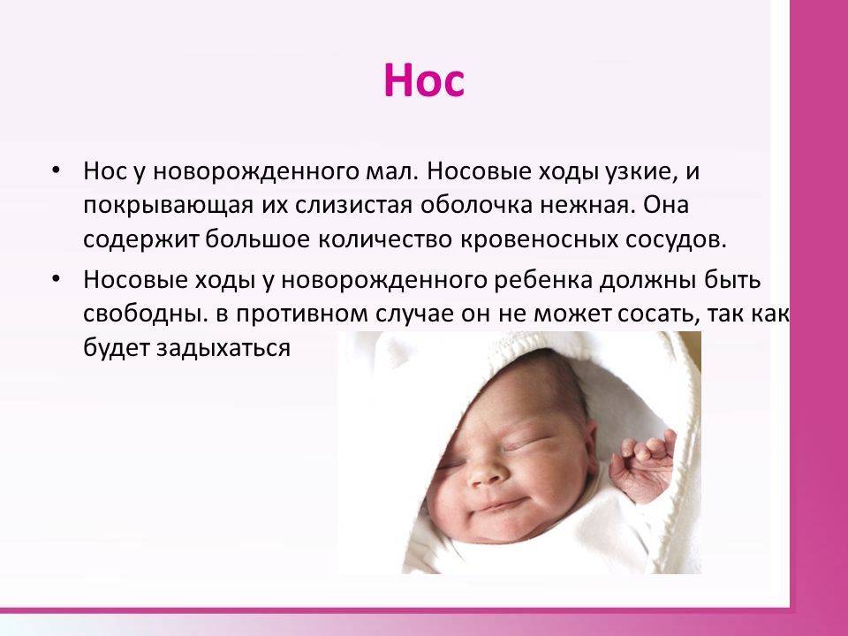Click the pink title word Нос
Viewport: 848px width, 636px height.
click(x=424, y=80)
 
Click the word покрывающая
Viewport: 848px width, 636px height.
click(x=168, y=207)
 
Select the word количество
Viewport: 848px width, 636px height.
click(x=384, y=240)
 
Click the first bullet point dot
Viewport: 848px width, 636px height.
click(x=55, y=170)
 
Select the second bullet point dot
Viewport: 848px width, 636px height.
click(x=55, y=278)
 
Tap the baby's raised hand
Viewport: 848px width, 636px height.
click(x=644, y=466)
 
